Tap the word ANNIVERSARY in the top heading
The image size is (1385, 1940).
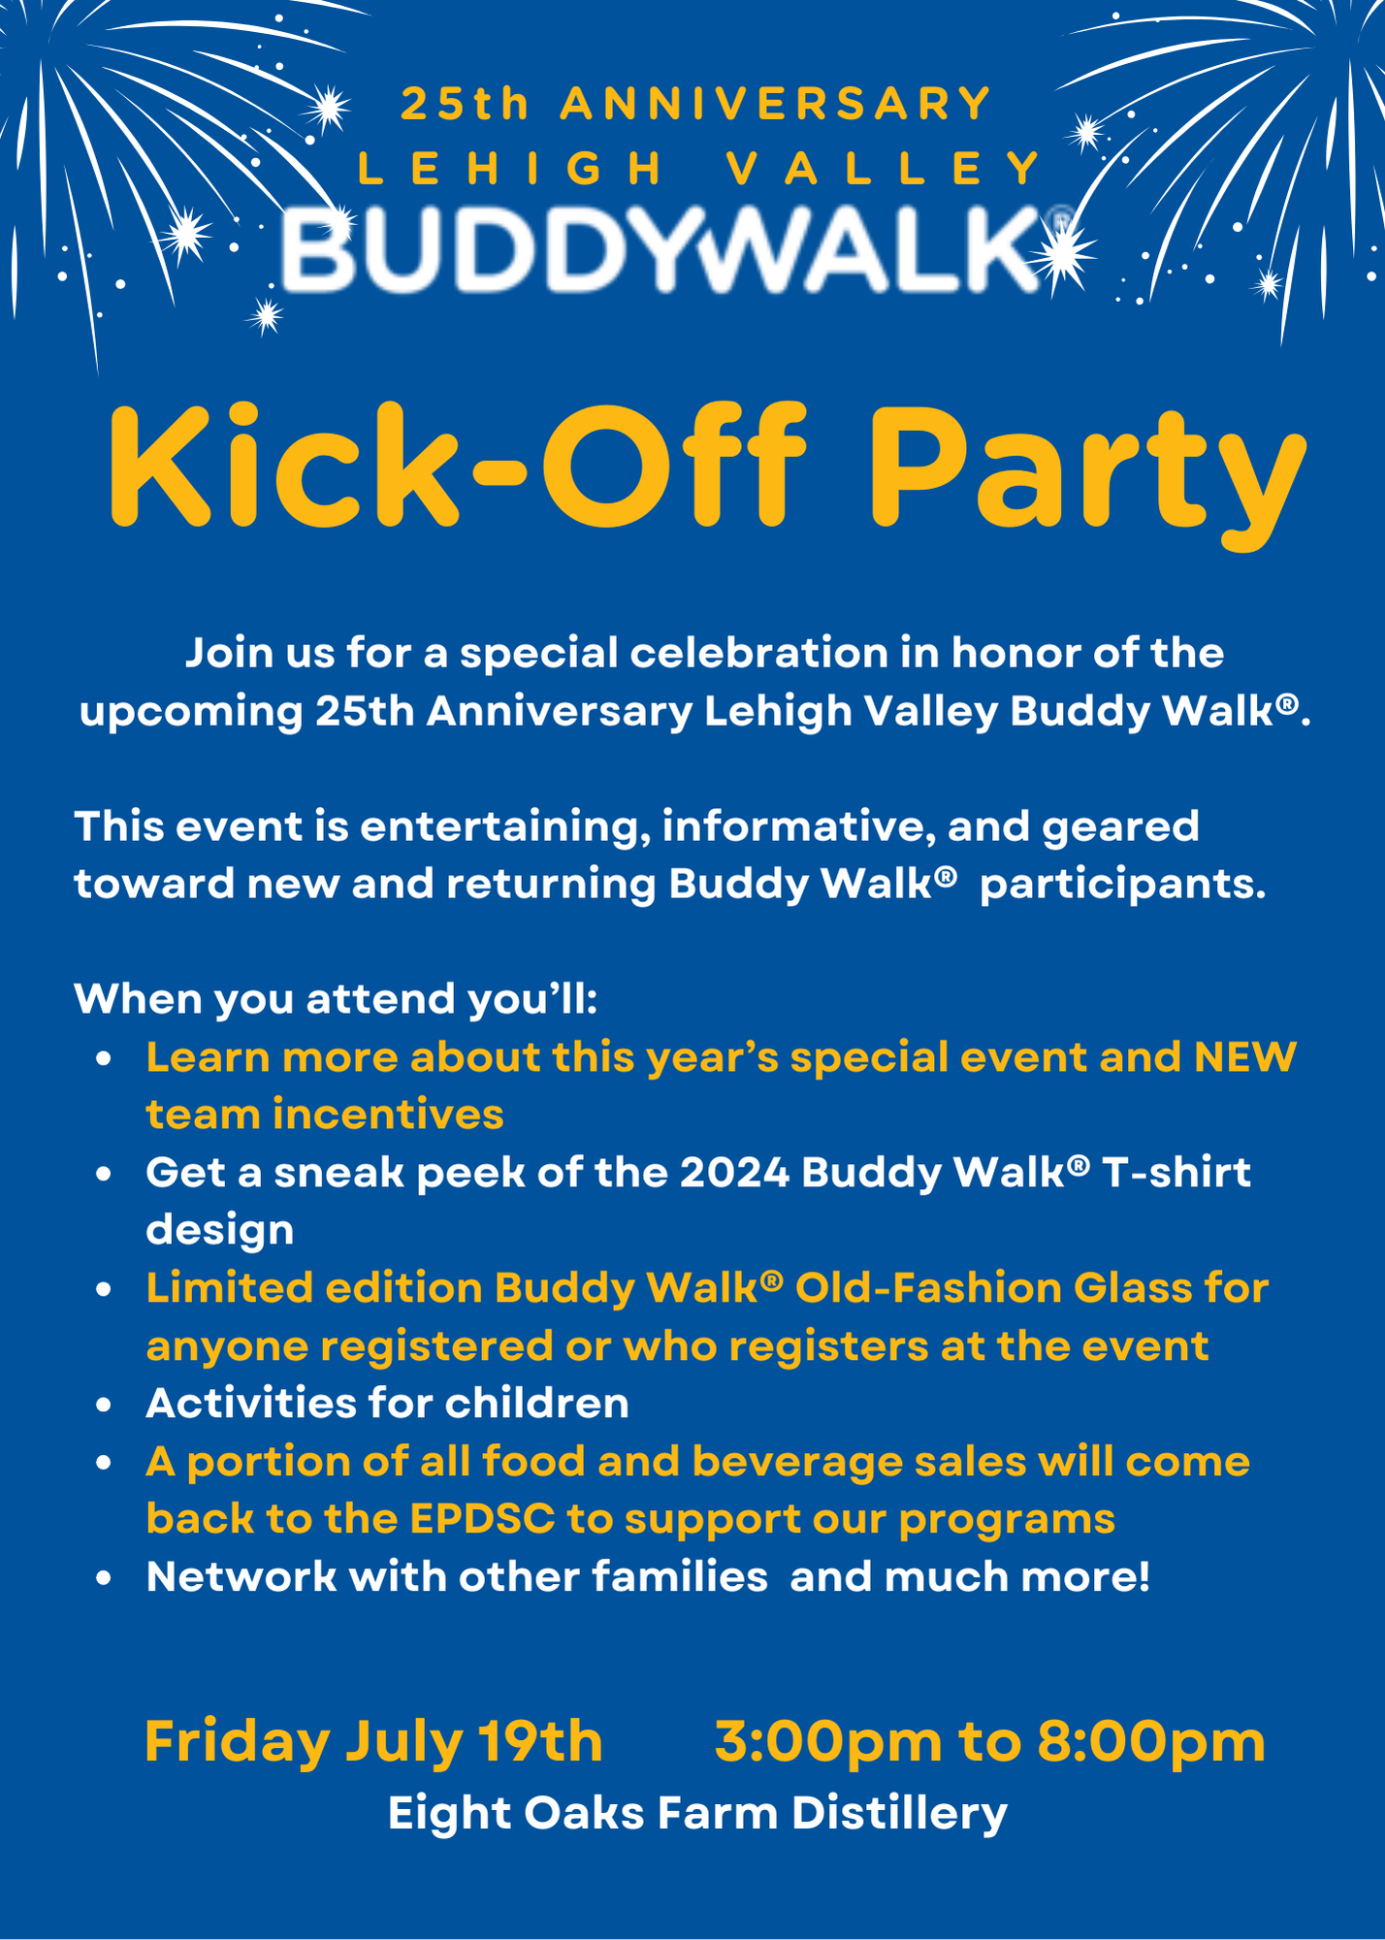point(776,105)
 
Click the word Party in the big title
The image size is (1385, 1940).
point(1086,470)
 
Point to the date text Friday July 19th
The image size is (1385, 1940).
point(373,1741)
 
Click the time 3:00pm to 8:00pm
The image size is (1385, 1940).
point(989,1741)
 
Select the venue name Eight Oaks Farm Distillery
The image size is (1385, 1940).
point(697,1813)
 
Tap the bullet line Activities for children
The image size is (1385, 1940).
point(387,1404)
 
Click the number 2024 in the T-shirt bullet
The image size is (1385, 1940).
point(734,1173)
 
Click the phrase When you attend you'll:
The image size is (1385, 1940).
point(336,999)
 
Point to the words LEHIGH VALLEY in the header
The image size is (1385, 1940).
point(698,170)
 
